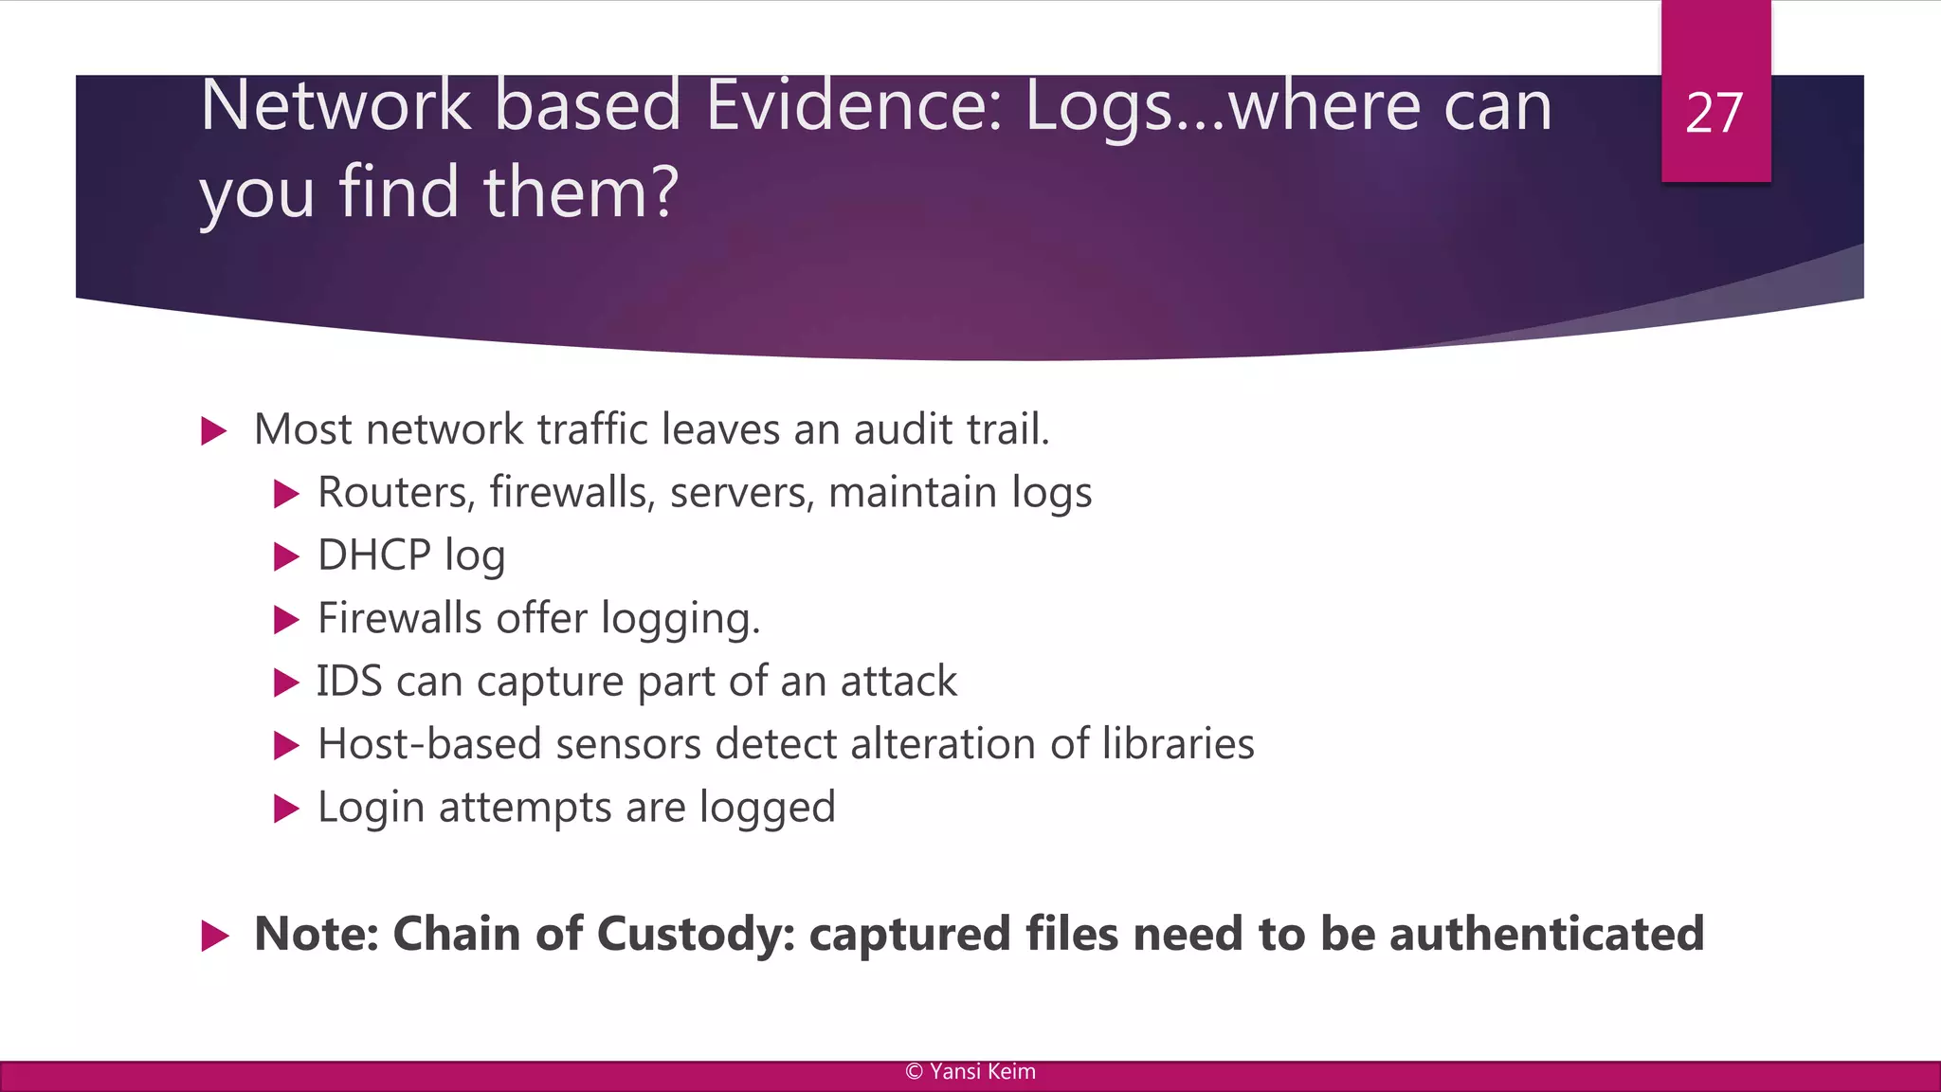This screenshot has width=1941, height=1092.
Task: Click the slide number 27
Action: click(1714, 114)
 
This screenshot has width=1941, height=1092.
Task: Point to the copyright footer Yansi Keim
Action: click(970, 1072)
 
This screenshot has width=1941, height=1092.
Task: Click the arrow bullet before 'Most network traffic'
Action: click(215, 432)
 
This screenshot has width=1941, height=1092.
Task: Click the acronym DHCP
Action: click(373, 555)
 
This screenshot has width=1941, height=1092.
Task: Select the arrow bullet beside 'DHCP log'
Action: click(286, 556)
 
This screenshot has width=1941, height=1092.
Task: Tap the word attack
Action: click(898, 682)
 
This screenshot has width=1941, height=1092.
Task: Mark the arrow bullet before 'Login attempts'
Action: click(286, 809)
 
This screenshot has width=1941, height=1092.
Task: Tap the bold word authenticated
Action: click(1547, 935)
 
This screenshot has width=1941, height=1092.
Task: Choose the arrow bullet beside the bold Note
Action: click(215, 937)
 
